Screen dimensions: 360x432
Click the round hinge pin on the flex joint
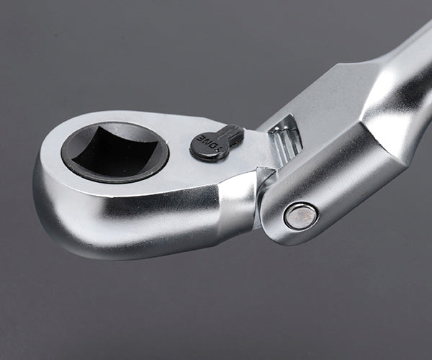pos(300,215)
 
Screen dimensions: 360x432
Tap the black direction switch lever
pos(217,142)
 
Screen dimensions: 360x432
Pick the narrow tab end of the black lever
pos(234,132)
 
